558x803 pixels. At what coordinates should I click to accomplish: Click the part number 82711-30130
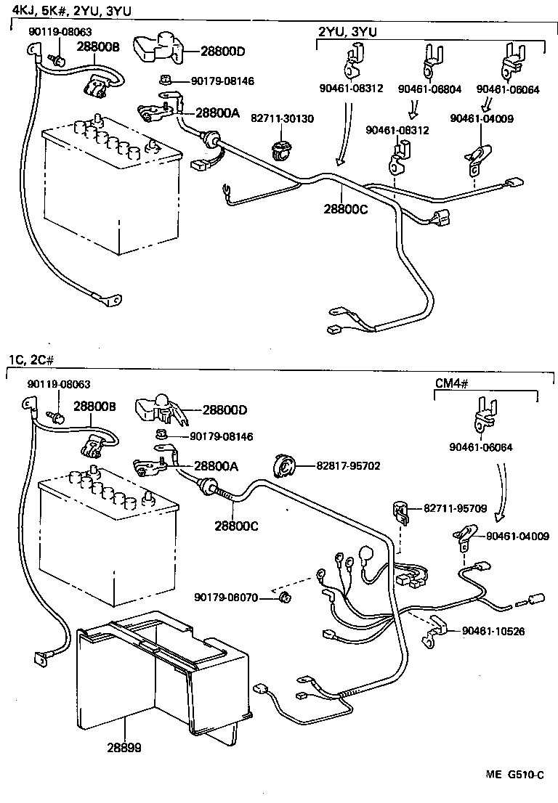283,118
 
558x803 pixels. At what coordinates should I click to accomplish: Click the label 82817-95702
348,465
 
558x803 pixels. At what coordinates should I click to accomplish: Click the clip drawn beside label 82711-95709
399,511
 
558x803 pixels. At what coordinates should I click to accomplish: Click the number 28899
126,747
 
